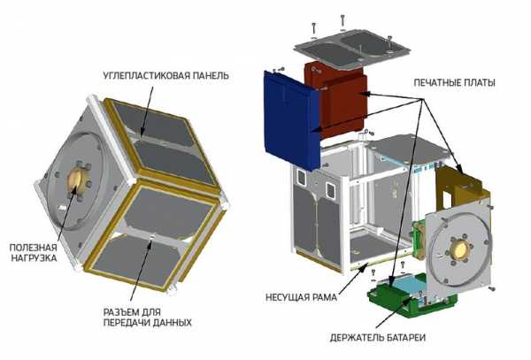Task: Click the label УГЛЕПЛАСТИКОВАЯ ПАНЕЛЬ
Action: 166,75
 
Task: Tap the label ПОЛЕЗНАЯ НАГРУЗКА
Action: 34,252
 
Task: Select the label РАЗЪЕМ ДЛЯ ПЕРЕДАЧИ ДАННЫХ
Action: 147,317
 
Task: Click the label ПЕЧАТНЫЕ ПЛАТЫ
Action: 454,82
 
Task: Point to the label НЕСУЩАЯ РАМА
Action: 301,297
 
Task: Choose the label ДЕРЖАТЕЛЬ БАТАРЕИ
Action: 378,337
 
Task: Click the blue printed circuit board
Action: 291,119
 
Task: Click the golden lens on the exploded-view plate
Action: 460,250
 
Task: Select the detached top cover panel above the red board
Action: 352,48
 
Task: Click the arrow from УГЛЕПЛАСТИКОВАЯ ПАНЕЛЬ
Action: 147,111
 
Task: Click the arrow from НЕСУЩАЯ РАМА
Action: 355,280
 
